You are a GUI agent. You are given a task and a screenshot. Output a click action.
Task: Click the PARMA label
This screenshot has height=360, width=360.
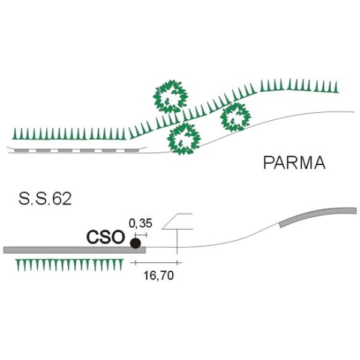[294, 163]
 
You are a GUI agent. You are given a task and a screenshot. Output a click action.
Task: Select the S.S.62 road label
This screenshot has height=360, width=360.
[45, 199]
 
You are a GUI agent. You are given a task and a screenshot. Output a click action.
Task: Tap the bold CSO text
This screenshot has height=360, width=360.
[106, 237]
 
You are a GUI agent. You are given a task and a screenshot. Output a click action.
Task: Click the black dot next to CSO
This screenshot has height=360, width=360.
[136, 243]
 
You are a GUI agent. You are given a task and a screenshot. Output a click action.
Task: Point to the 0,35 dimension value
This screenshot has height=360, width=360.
[140, 223]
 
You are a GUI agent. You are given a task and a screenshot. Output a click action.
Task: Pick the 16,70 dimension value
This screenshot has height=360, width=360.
[158, 275]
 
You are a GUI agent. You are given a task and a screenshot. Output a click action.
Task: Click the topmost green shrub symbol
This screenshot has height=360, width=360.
[170, 97]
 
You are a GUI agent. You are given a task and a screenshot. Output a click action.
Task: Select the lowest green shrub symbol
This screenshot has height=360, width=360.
[184, 139]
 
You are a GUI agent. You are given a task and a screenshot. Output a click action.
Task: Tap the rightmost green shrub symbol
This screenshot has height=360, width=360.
[236, 117]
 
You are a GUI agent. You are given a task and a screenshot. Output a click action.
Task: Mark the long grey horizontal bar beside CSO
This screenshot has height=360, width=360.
[74, 250]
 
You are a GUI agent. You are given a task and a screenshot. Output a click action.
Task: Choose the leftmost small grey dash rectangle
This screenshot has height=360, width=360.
[22, 151]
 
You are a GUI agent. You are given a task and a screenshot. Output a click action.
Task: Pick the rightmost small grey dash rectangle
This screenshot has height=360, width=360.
[132, 151]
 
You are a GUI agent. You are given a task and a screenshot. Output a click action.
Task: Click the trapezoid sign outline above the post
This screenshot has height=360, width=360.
[177, 221]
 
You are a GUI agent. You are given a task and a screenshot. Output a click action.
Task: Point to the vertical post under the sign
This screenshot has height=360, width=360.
[177, 242]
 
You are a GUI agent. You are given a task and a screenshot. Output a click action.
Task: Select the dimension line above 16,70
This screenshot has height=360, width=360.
[156, 262]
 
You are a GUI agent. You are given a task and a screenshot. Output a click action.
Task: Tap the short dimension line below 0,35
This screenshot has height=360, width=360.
[141, 235]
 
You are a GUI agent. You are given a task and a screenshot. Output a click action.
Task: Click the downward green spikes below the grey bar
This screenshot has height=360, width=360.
[70, 265]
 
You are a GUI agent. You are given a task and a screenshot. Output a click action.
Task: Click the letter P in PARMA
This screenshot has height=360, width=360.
[268, 163]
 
